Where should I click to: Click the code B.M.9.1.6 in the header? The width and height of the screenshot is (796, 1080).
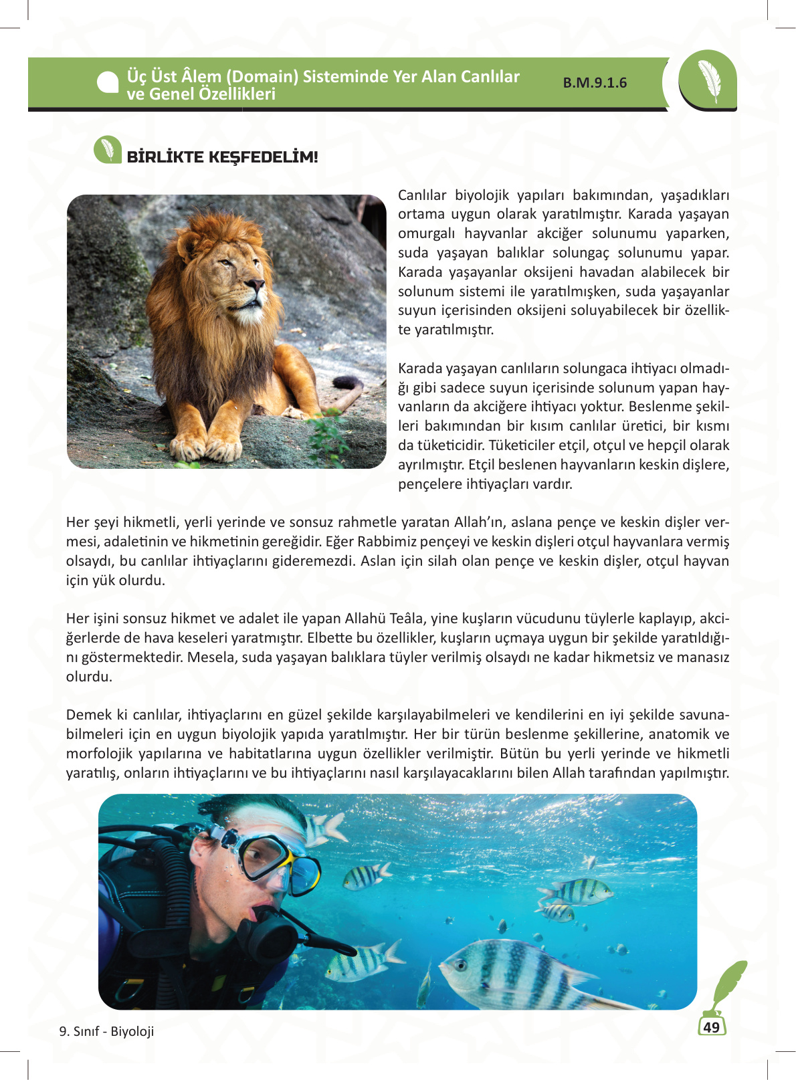tap(595, 83)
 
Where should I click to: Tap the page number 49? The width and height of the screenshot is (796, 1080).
tap(711, 1027)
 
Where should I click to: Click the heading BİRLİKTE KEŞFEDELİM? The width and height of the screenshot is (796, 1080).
tap(222, 157)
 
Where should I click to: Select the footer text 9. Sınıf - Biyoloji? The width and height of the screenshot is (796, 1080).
tap(106, 1031)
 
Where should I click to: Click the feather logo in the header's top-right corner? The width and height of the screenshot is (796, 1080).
tap(708, 81)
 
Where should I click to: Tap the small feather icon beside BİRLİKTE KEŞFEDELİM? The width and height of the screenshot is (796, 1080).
tap(107, 150)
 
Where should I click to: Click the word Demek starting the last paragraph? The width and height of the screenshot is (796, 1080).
tap(88, 715)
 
